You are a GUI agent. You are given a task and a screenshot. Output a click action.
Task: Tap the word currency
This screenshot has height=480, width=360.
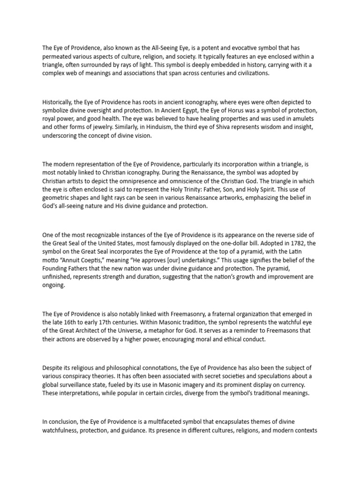[294, 385]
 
